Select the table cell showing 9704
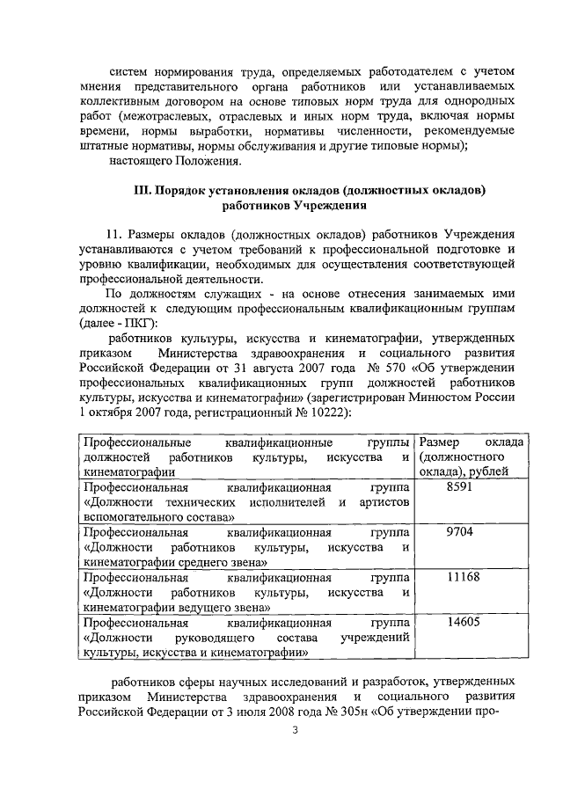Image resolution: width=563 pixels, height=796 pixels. [460, 532]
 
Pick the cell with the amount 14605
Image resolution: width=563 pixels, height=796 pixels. [460, 622]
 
